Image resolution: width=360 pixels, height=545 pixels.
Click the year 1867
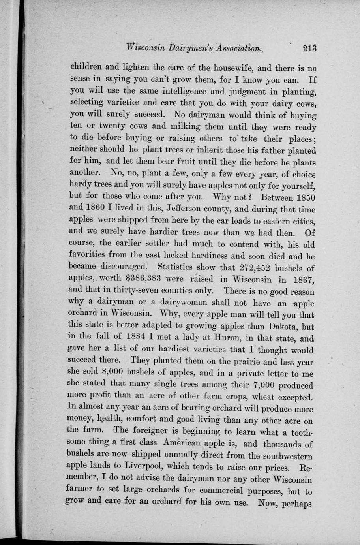(302, 280)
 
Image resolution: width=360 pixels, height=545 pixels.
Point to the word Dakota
(279, 327)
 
